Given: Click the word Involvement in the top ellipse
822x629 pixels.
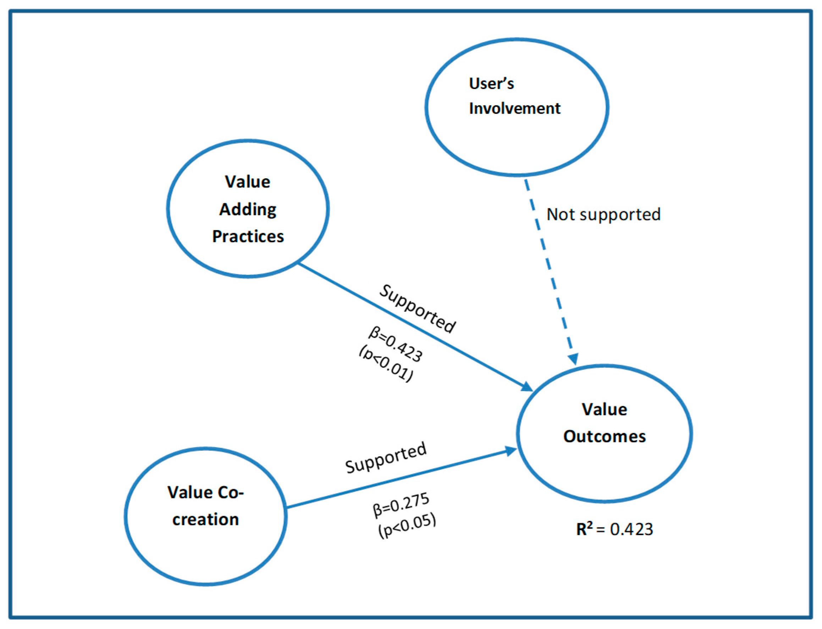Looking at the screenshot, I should tap(514, 108).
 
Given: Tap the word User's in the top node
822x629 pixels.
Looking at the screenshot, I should tap(491, 83).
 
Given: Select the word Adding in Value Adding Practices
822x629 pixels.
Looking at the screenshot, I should tap(248, 209).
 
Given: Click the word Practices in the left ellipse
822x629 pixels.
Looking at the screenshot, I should tap(248, 236).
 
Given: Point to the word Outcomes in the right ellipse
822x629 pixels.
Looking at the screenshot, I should tap(604, 436).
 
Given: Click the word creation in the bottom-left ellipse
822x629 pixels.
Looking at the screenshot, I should tap(205, 520).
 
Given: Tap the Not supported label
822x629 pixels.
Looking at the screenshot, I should tap(603, 215).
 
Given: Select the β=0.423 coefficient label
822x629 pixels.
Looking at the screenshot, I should tap(396, 344).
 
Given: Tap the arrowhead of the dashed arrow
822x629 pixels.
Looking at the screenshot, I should tap(573, 359).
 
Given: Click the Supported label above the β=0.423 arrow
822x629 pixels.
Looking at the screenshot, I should tap(417, 309).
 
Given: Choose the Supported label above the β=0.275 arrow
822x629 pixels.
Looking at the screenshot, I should tap(386, 457).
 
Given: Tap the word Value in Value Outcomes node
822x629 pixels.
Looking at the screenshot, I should tap(604, 410).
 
